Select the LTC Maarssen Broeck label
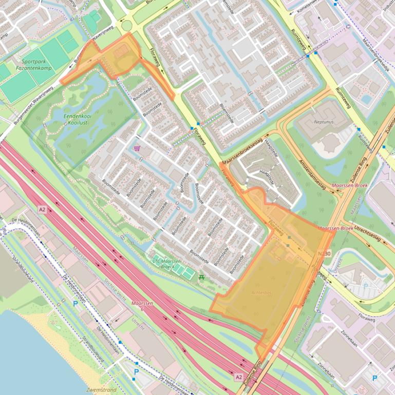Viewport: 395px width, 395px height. [x=167, y=264]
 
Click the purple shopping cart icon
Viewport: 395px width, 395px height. [x=137, y=148]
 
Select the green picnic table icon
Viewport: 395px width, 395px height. [x=201, y=278]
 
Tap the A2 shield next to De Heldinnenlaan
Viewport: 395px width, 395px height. [x=42, y=210]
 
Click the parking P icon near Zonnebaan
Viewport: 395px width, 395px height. [x=374, y=378]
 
